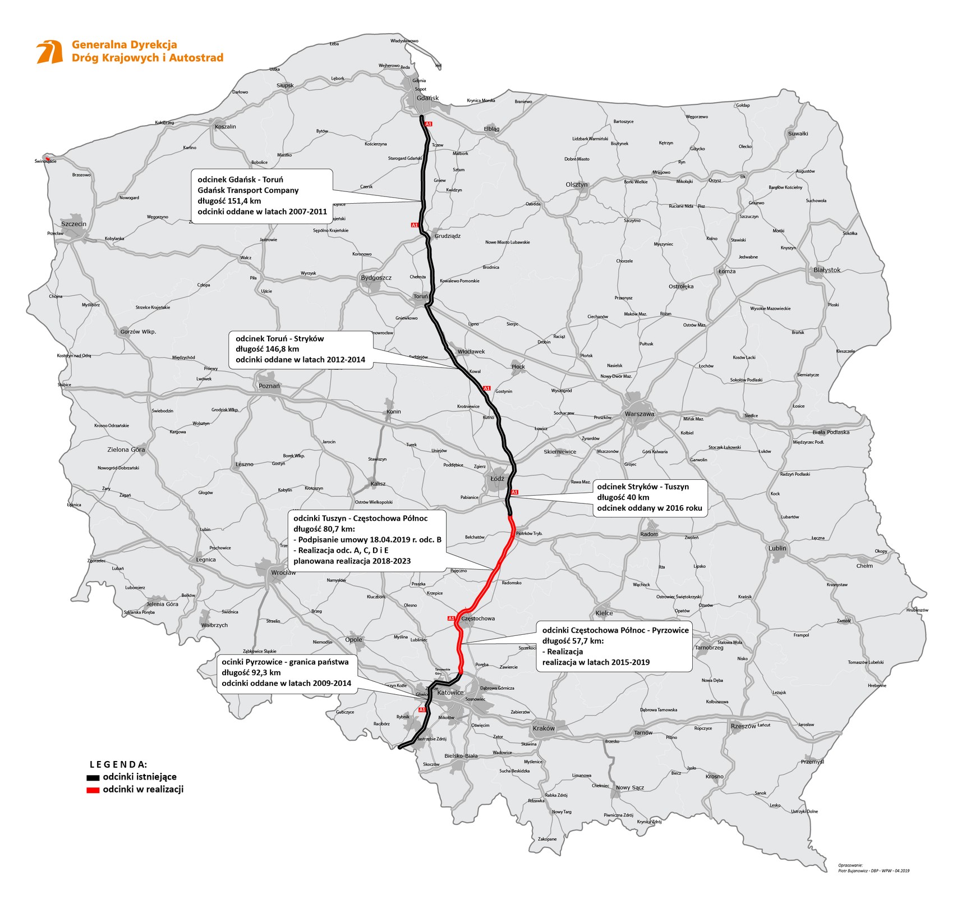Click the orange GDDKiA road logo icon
pos(49,52)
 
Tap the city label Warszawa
pos(640,414)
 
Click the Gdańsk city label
pos(427,98)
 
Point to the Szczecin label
pos(74,224)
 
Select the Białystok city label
pos(827,270)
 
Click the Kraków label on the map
pos(544,729)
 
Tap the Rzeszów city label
pos(743,726)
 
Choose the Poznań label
pos(269,386)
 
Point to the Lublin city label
pos(778,548)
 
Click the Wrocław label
pos(283,573)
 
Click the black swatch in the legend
pos(93,778)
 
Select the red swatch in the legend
pos(93,790)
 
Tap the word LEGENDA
pos(118,764)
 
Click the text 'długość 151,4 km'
pos(229,201)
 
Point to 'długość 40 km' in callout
pos(623,497)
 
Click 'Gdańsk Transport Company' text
pos(248,190)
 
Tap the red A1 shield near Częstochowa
pos(451,618)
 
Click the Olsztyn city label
pos(577,185)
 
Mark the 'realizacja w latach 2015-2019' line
pos(596,662)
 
